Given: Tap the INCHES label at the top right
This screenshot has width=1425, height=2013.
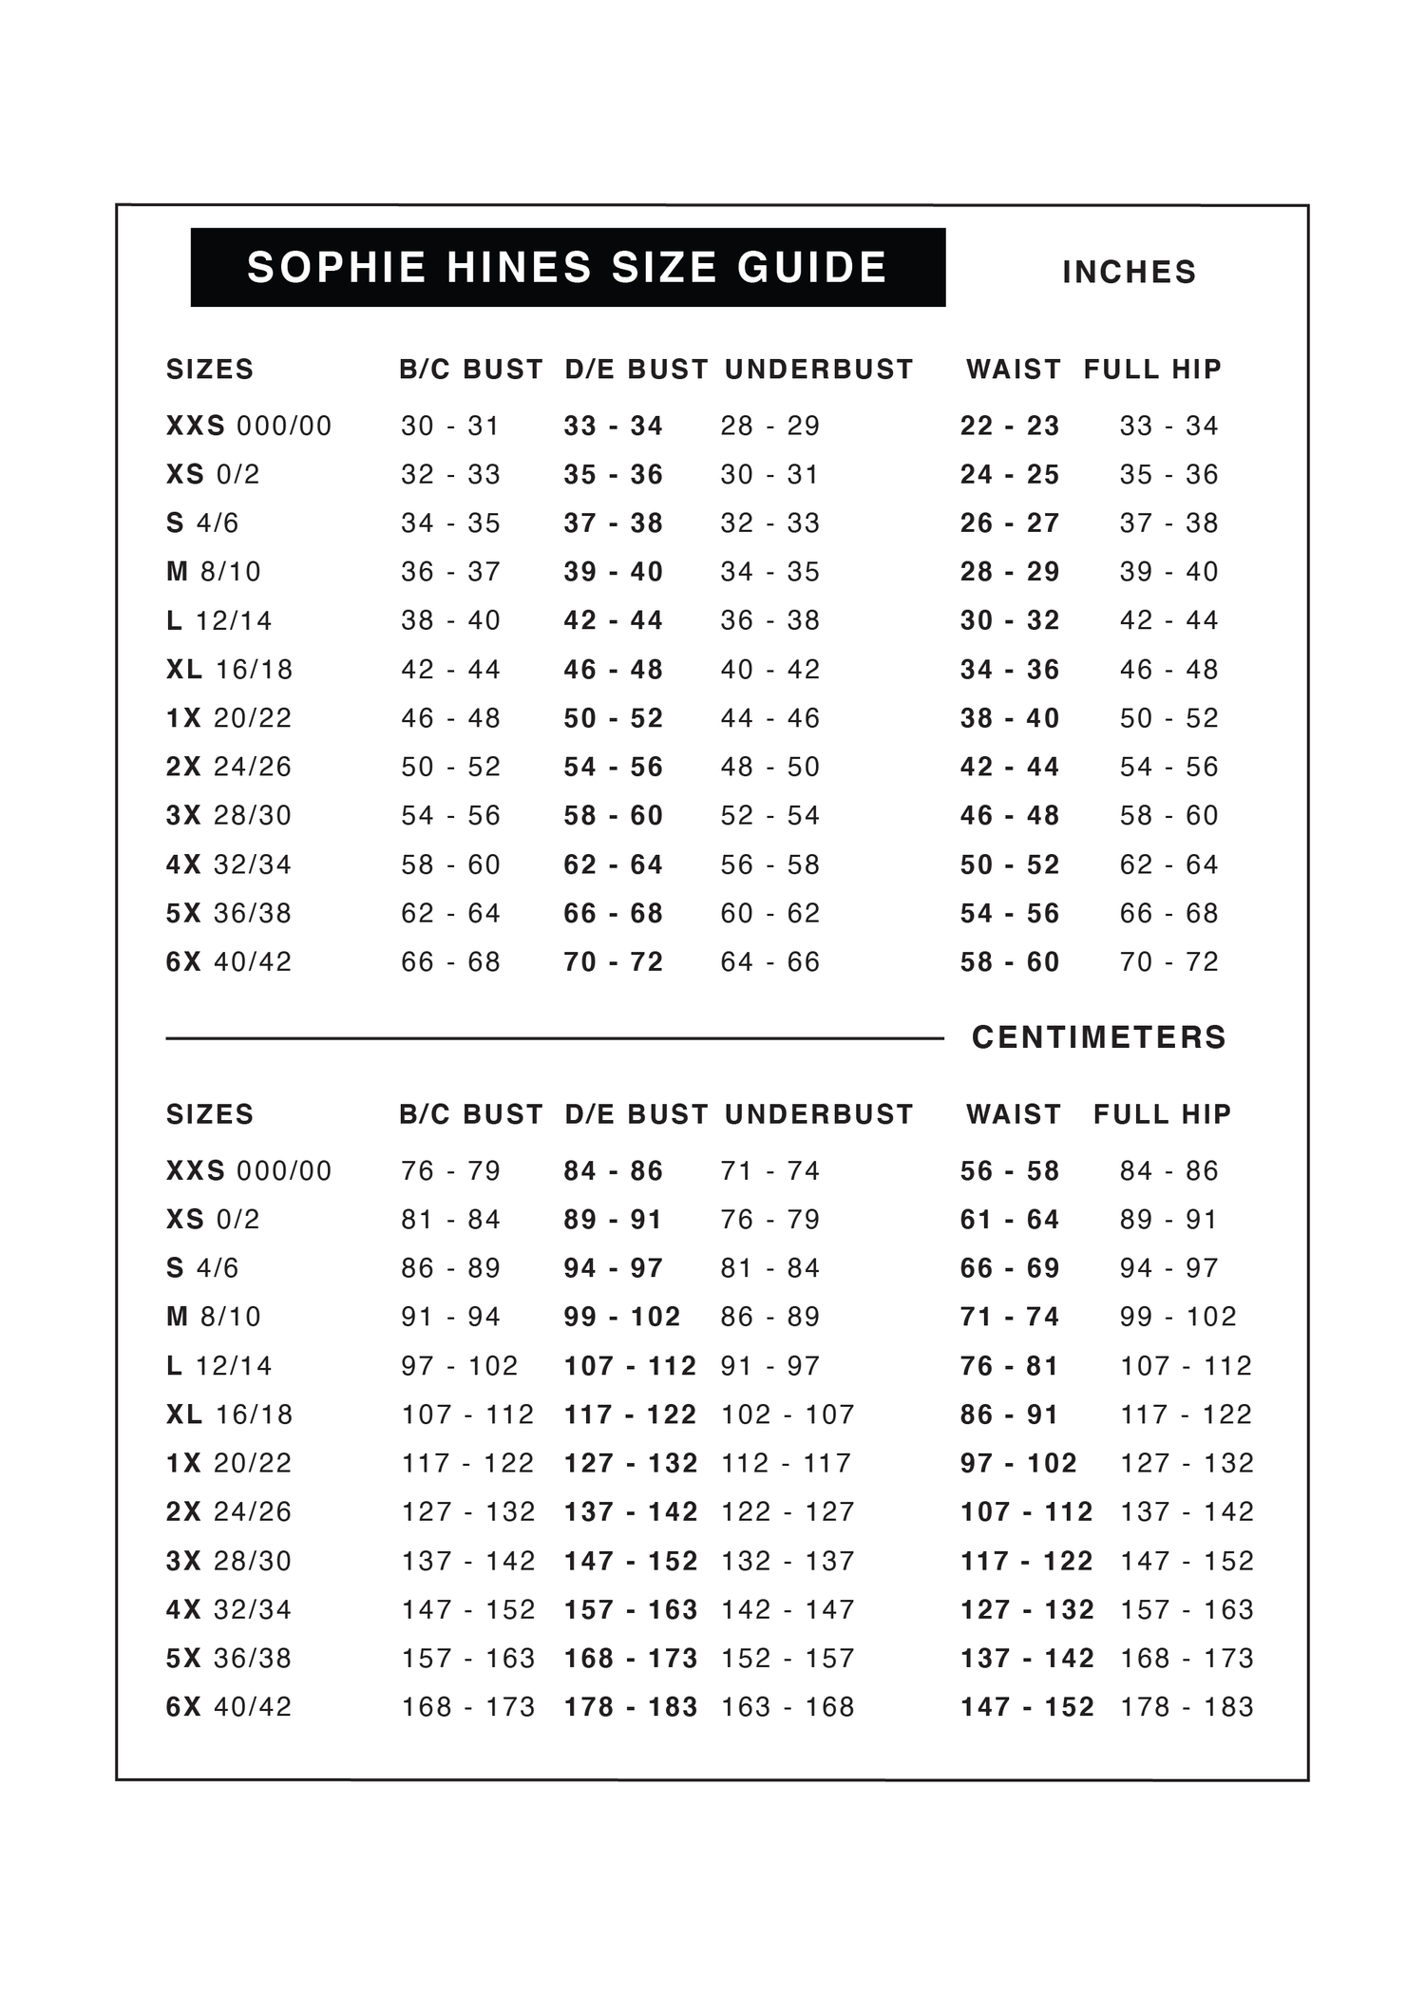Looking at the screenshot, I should [x=1129, y=273].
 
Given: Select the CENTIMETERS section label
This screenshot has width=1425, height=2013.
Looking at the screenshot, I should [x=1099, y=1037].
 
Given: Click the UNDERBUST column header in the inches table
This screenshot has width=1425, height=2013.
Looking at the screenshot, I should [x=819, y=370].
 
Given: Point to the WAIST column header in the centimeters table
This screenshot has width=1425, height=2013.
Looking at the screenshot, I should [x=1013, y=1114].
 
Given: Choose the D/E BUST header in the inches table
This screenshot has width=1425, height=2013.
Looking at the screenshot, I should [x=636, y=370].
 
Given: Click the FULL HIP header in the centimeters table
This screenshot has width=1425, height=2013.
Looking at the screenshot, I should [x=1162, y=1114].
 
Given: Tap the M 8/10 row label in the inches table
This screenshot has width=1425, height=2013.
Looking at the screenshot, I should [x=214, y=572].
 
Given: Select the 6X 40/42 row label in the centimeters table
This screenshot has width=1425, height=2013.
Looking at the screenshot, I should [x=229, y=1707].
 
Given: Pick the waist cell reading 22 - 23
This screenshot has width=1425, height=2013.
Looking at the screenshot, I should [x=1009, y=426].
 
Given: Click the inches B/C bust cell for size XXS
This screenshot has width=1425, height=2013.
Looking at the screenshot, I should [x=450, y=426].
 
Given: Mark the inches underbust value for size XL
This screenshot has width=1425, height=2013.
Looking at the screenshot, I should [x=769, y=670].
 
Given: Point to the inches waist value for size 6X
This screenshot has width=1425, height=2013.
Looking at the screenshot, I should [x=1009, y=962].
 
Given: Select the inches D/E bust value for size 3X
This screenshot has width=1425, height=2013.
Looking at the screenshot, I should [x=613, y=816].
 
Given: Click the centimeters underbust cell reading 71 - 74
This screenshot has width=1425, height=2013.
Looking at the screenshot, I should [x=769, y=1171].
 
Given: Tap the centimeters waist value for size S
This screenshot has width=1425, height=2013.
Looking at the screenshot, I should [x=1009, y=1268].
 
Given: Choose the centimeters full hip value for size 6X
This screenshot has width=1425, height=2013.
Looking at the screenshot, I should [x=1187, y=1707].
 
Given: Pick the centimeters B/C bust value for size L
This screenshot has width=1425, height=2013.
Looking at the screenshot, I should [x=460, y=1366].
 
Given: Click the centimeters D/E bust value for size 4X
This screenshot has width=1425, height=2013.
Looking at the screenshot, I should [x=631, y=1610].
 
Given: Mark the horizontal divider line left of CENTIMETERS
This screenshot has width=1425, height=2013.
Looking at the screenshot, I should [x=555, y=1038].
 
